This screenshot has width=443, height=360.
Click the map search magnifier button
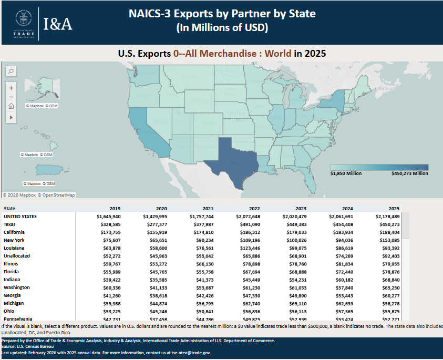pos(11,71)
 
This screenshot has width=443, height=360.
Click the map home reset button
pos(11,107)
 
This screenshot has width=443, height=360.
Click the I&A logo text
pos(58,24)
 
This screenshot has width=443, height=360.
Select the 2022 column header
pos(253,208)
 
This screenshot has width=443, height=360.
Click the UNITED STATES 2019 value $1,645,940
pos(109,216)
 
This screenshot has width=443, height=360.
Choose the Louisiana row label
pos(14,248)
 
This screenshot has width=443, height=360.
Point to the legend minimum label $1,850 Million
pos(346,173)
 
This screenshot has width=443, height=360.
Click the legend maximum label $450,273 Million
pos(410,173)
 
